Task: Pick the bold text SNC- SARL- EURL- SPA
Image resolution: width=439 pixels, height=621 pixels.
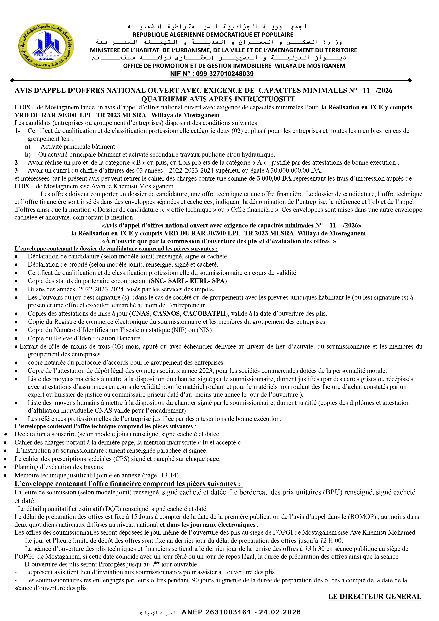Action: click(x=188, y=281)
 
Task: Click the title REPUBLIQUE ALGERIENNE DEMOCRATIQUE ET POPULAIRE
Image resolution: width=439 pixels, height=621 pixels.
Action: click(x=213, y=35)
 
